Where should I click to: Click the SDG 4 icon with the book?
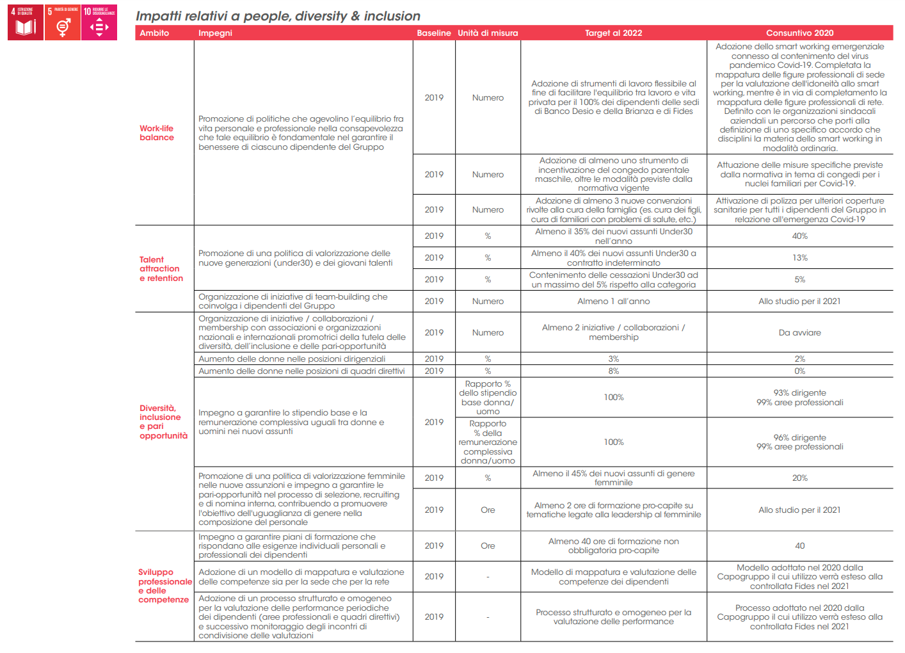[26, 22]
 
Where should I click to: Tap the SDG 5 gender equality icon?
[63, 22]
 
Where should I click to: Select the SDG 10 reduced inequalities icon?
[99, 22]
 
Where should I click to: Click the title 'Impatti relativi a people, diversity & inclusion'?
[278, 16]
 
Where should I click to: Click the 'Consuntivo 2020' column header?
[799, 33]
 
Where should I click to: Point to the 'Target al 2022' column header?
[613, 33]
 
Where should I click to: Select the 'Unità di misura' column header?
[488, 33]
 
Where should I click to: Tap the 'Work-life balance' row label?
[157, 133]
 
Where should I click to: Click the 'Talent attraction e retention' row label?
[161, 269]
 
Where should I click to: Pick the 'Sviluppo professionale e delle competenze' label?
[164, 586]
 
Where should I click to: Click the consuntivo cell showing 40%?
[799, 236]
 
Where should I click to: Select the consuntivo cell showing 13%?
[799, 258]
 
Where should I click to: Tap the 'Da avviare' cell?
[799, 333]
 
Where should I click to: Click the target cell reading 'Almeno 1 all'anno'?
[613, 302]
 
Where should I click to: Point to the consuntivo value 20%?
[799, 478]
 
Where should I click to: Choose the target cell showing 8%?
[613, 371]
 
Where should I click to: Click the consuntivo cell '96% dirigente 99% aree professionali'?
[799, 442]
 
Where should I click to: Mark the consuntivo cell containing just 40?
[799, 546]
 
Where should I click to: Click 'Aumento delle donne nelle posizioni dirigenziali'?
[292, 359]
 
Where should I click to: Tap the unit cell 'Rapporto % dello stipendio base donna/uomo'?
[488, 398]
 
